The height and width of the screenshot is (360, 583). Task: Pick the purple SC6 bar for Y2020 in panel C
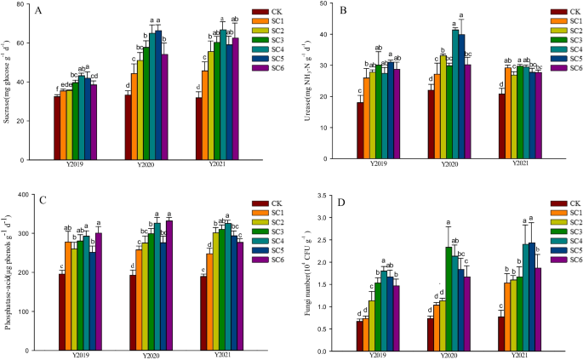[x=169, y=284]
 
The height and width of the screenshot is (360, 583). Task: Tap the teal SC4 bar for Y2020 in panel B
[x=454, y=94]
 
